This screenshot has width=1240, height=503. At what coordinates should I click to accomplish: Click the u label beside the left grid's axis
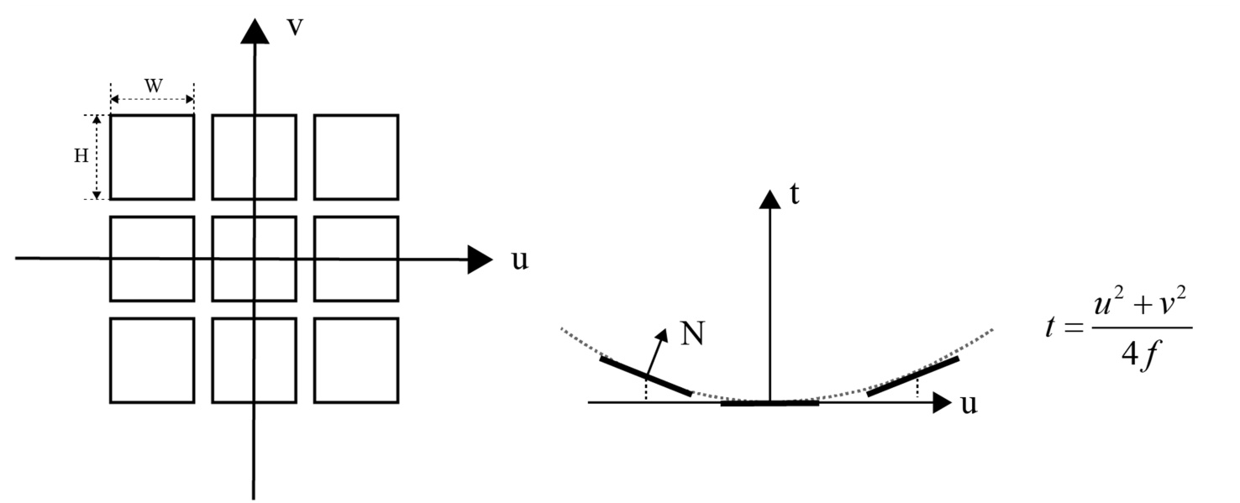[x=520, y=259]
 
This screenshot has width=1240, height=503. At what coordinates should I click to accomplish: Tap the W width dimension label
[x=152, y=86]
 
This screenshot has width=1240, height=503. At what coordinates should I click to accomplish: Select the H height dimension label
[x=81, y=157]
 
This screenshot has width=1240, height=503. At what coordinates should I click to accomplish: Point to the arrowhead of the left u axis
[x=479, y=259]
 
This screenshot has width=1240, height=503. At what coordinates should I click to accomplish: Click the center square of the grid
[x=254, y=259]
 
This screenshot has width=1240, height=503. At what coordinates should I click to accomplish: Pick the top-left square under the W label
[x=152, y=157]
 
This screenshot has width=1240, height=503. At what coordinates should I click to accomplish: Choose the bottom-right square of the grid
[x=355, y=360]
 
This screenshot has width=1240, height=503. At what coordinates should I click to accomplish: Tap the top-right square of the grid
[x=355, y=157]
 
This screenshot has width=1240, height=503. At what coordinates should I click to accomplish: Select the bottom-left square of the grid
[x=152, y=360]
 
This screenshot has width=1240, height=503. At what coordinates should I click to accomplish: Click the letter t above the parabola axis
[x=794, y=195]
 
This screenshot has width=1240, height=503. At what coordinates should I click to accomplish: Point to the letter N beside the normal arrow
[x=691, y=334]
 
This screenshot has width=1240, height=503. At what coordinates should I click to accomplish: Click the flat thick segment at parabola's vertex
[x=770, y=403]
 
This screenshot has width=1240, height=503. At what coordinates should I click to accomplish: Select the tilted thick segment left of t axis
[x=646, y=376]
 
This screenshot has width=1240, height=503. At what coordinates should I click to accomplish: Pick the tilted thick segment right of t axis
[x=912, y=375]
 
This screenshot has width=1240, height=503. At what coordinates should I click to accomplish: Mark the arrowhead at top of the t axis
[x=770, y=200]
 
